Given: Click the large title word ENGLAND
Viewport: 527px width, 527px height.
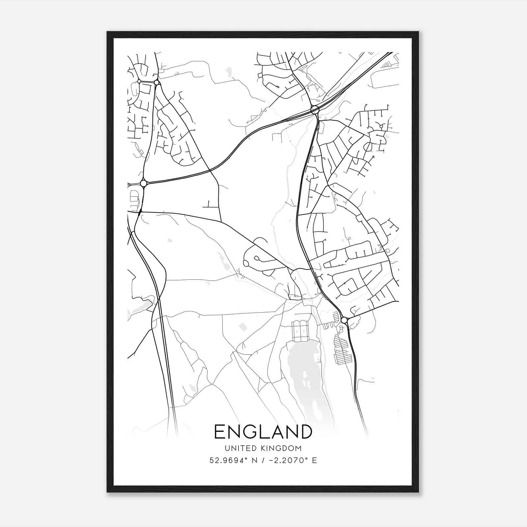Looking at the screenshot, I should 263,432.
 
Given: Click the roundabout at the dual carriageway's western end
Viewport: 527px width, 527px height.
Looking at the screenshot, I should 143,183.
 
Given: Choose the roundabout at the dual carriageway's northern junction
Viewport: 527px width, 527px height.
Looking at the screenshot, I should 314,109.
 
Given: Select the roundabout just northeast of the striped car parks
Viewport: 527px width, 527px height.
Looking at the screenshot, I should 344,320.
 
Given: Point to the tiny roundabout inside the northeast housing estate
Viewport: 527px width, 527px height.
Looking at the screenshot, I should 381,126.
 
